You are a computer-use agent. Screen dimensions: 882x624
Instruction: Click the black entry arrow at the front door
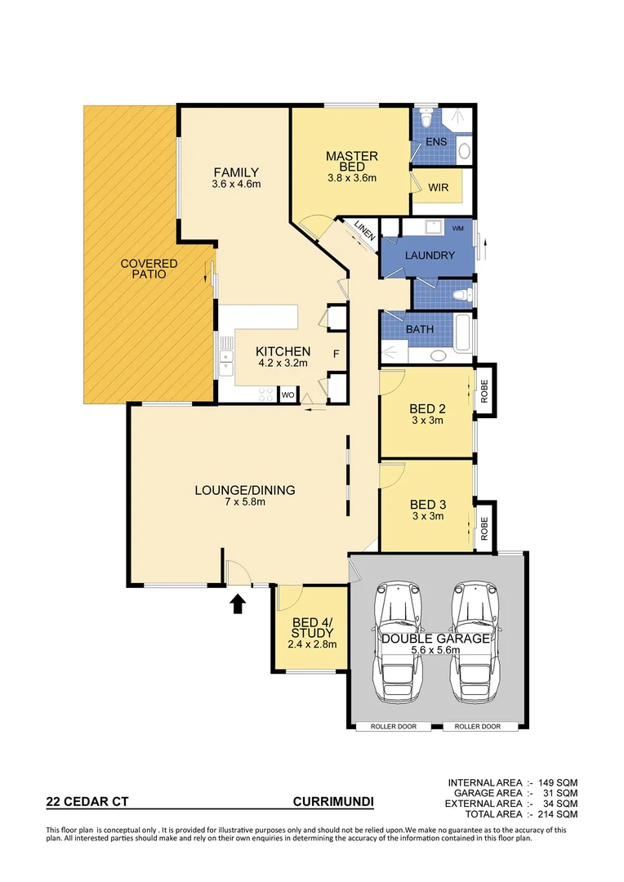click(238, 604)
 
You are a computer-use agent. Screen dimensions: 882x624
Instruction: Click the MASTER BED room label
click(351, 161)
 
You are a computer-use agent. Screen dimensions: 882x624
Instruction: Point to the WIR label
click(439, 187)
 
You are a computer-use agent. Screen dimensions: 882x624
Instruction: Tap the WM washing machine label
click(457, 228)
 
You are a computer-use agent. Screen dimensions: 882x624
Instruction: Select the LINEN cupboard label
click(364, 236)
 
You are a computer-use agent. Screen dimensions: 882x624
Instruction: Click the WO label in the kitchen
click(287, 395)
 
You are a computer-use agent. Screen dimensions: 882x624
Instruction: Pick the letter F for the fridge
click(335, 354)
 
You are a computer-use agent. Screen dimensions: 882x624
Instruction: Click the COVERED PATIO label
click(149, 269)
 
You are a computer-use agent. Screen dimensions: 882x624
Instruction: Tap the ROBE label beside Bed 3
click(484, 528)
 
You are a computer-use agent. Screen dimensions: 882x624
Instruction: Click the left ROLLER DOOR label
click(392, 726)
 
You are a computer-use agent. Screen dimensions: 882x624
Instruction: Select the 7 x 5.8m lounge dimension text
click(244, 502)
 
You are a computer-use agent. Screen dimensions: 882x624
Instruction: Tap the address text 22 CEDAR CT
click(87, 803)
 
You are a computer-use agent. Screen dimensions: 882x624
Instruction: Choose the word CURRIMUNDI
click(333, 803)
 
